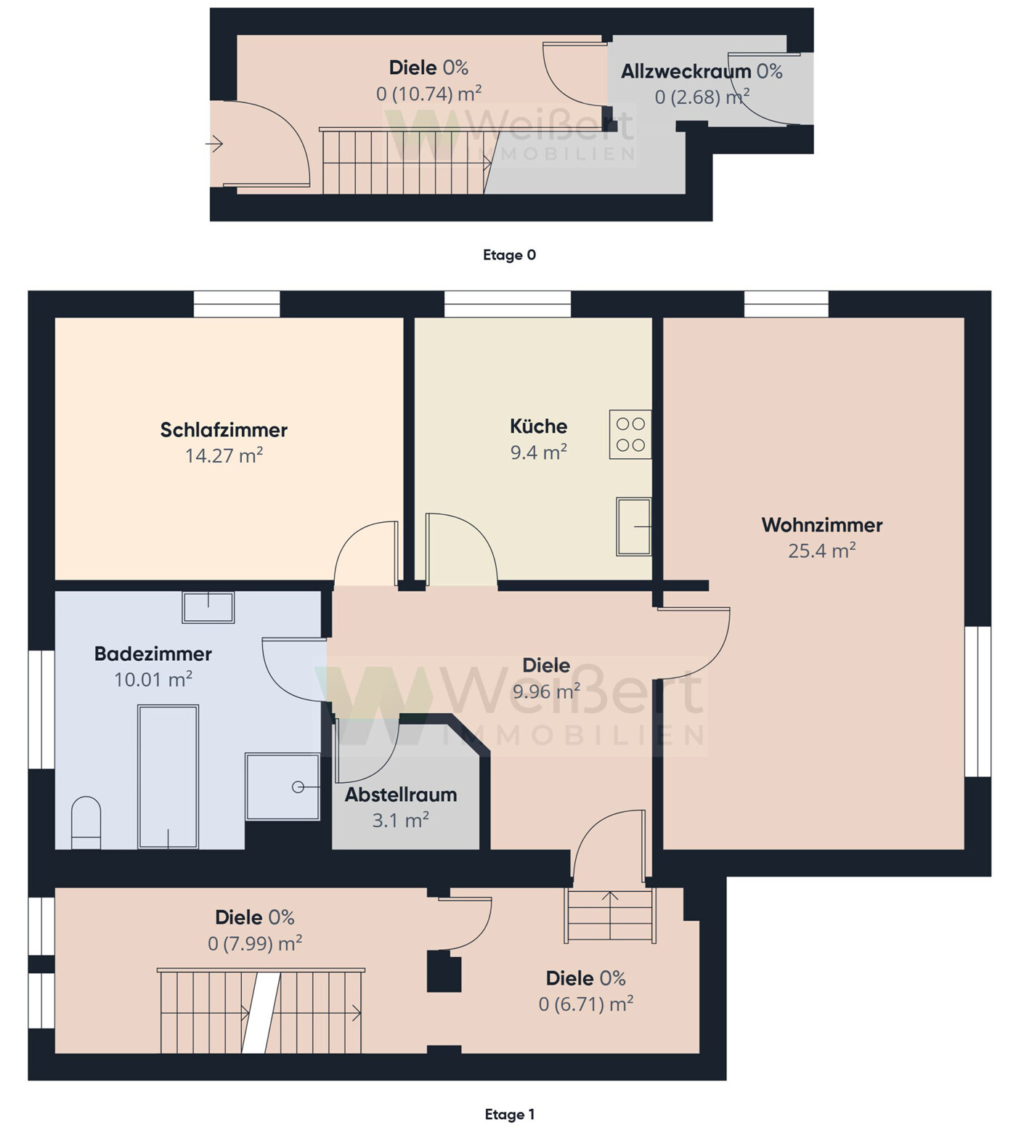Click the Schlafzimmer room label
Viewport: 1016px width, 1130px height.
[224, 430]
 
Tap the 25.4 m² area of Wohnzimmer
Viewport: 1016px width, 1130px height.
[821, 550]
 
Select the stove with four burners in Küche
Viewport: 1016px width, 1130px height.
[630, 434]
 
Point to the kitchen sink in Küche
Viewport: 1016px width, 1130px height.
[633, 527]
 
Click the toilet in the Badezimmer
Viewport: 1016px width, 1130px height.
[86, 823]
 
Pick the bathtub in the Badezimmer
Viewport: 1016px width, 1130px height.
[168, 776]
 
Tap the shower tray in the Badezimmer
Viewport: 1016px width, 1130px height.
[283, 786]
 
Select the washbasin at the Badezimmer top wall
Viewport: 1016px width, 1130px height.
[208, 607]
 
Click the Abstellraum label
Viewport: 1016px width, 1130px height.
[401, 794]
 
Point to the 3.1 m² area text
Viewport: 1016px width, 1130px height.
[400, 821]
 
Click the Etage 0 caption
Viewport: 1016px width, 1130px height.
[509, 255]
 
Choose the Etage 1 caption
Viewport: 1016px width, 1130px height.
[509, 1114]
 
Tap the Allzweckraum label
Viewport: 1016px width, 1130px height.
[686, 71]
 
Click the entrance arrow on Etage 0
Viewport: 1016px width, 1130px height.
[214, 145]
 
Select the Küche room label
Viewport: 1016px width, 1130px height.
[538, 426]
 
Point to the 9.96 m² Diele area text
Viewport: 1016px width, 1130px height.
[546, 691]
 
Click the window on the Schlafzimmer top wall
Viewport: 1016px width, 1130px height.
[237, 304]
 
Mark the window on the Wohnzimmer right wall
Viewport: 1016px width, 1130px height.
[978, 702]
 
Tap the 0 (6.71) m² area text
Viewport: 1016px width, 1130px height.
[585, 1004]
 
